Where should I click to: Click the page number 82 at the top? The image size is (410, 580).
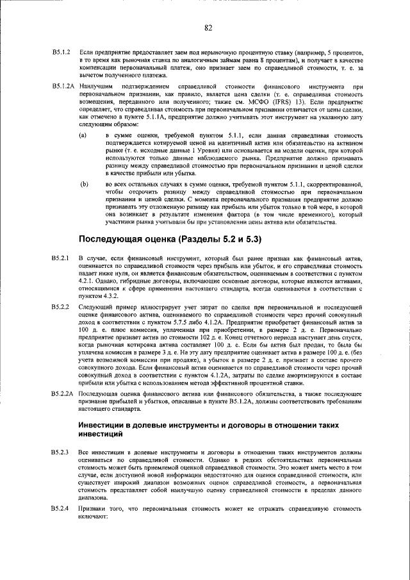pyautogui.click(x=208, y=28)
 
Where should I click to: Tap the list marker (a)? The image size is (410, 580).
pyautogui.click(x=83, y=136)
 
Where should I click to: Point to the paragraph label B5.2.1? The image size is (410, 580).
pyautogui.click(x=61, y=258)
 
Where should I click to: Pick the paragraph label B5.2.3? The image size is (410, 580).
pyautogui.click(x=61, y=453)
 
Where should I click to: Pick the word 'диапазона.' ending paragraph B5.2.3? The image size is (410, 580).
pyautogui.click(x=95, y=495)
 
